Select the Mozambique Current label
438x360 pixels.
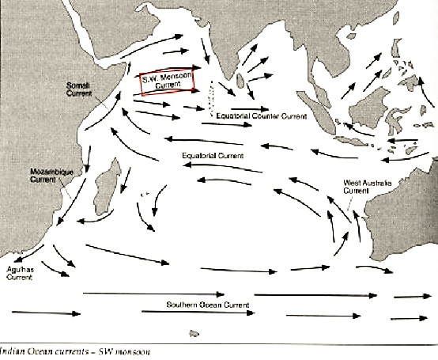(47, 174)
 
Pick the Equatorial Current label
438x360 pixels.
(211, 155)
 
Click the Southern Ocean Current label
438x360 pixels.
(208, 305)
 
